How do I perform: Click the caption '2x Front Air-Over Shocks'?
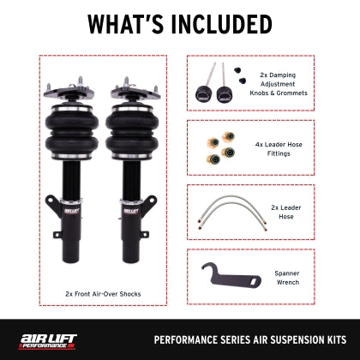tap(102, 294)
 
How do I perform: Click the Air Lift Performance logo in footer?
tap(46, 337)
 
